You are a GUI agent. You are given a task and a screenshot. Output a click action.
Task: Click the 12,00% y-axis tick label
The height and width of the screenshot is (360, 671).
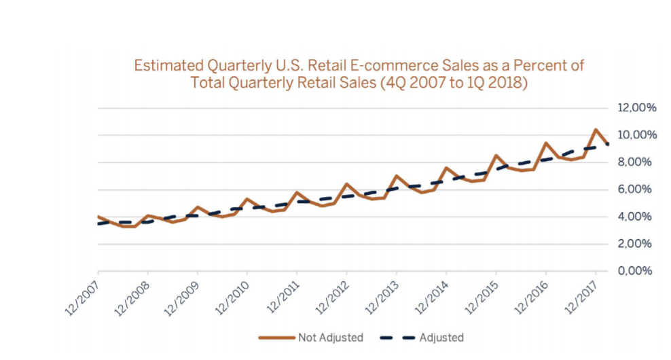(x=636, y=108)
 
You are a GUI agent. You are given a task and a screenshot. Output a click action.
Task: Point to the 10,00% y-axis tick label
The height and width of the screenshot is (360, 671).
(x=636, y=135)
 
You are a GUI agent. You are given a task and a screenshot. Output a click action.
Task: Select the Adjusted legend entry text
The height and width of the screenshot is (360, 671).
(x=441, y=338)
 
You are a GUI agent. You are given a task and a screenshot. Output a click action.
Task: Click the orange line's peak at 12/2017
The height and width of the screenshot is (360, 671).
(x=596, y=129)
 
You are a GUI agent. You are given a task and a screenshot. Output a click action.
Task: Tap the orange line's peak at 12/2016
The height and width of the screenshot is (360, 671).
(x=546, y=143)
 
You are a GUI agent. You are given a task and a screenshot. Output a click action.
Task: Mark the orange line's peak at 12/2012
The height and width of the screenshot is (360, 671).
(x=346, y=183)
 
